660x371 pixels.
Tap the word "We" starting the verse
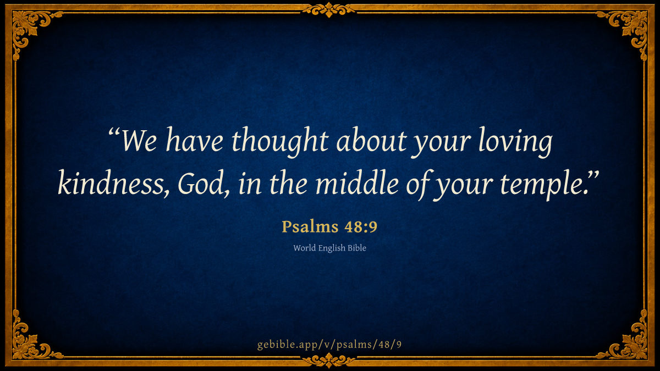click(139, 141)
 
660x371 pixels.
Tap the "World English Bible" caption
click(329, 248)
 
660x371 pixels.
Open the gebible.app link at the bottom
click(329, 345)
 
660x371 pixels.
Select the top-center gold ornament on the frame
click(329, 10)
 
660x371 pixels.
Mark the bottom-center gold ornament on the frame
click(329, 361)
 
